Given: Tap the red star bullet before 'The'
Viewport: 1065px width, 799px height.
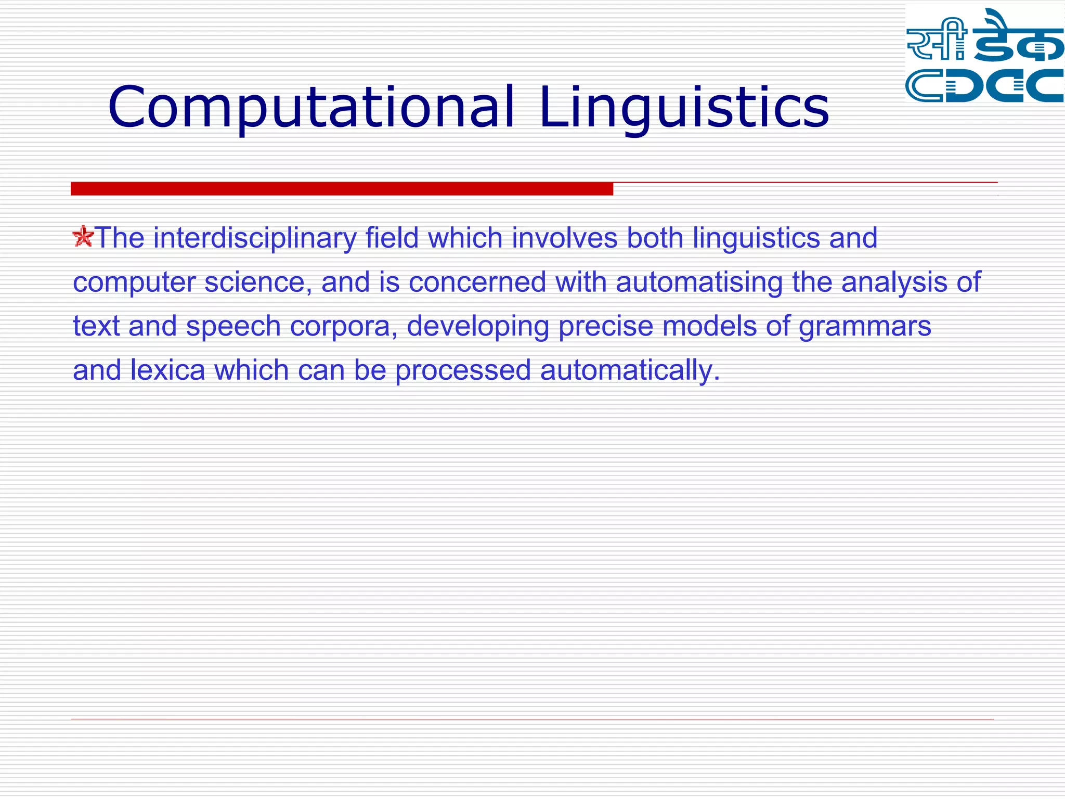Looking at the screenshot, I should coord(83,237).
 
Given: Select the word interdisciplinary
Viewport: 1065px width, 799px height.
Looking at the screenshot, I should coord(255,238).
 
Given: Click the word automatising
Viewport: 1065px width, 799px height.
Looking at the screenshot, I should coord(699,282).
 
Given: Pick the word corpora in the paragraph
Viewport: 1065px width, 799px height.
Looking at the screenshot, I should coord(343,327).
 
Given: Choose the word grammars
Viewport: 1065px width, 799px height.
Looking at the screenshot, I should coord(864,327).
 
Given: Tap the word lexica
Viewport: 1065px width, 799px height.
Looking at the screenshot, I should coord(167,370).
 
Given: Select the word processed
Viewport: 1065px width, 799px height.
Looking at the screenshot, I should coord(463,370).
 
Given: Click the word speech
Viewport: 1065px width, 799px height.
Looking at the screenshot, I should coord(233,327).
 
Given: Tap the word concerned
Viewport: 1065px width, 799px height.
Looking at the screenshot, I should coord(477,282).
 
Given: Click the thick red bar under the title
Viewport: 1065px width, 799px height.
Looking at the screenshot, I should coord(342,188).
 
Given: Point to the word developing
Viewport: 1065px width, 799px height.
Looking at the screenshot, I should coord(477,327).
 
